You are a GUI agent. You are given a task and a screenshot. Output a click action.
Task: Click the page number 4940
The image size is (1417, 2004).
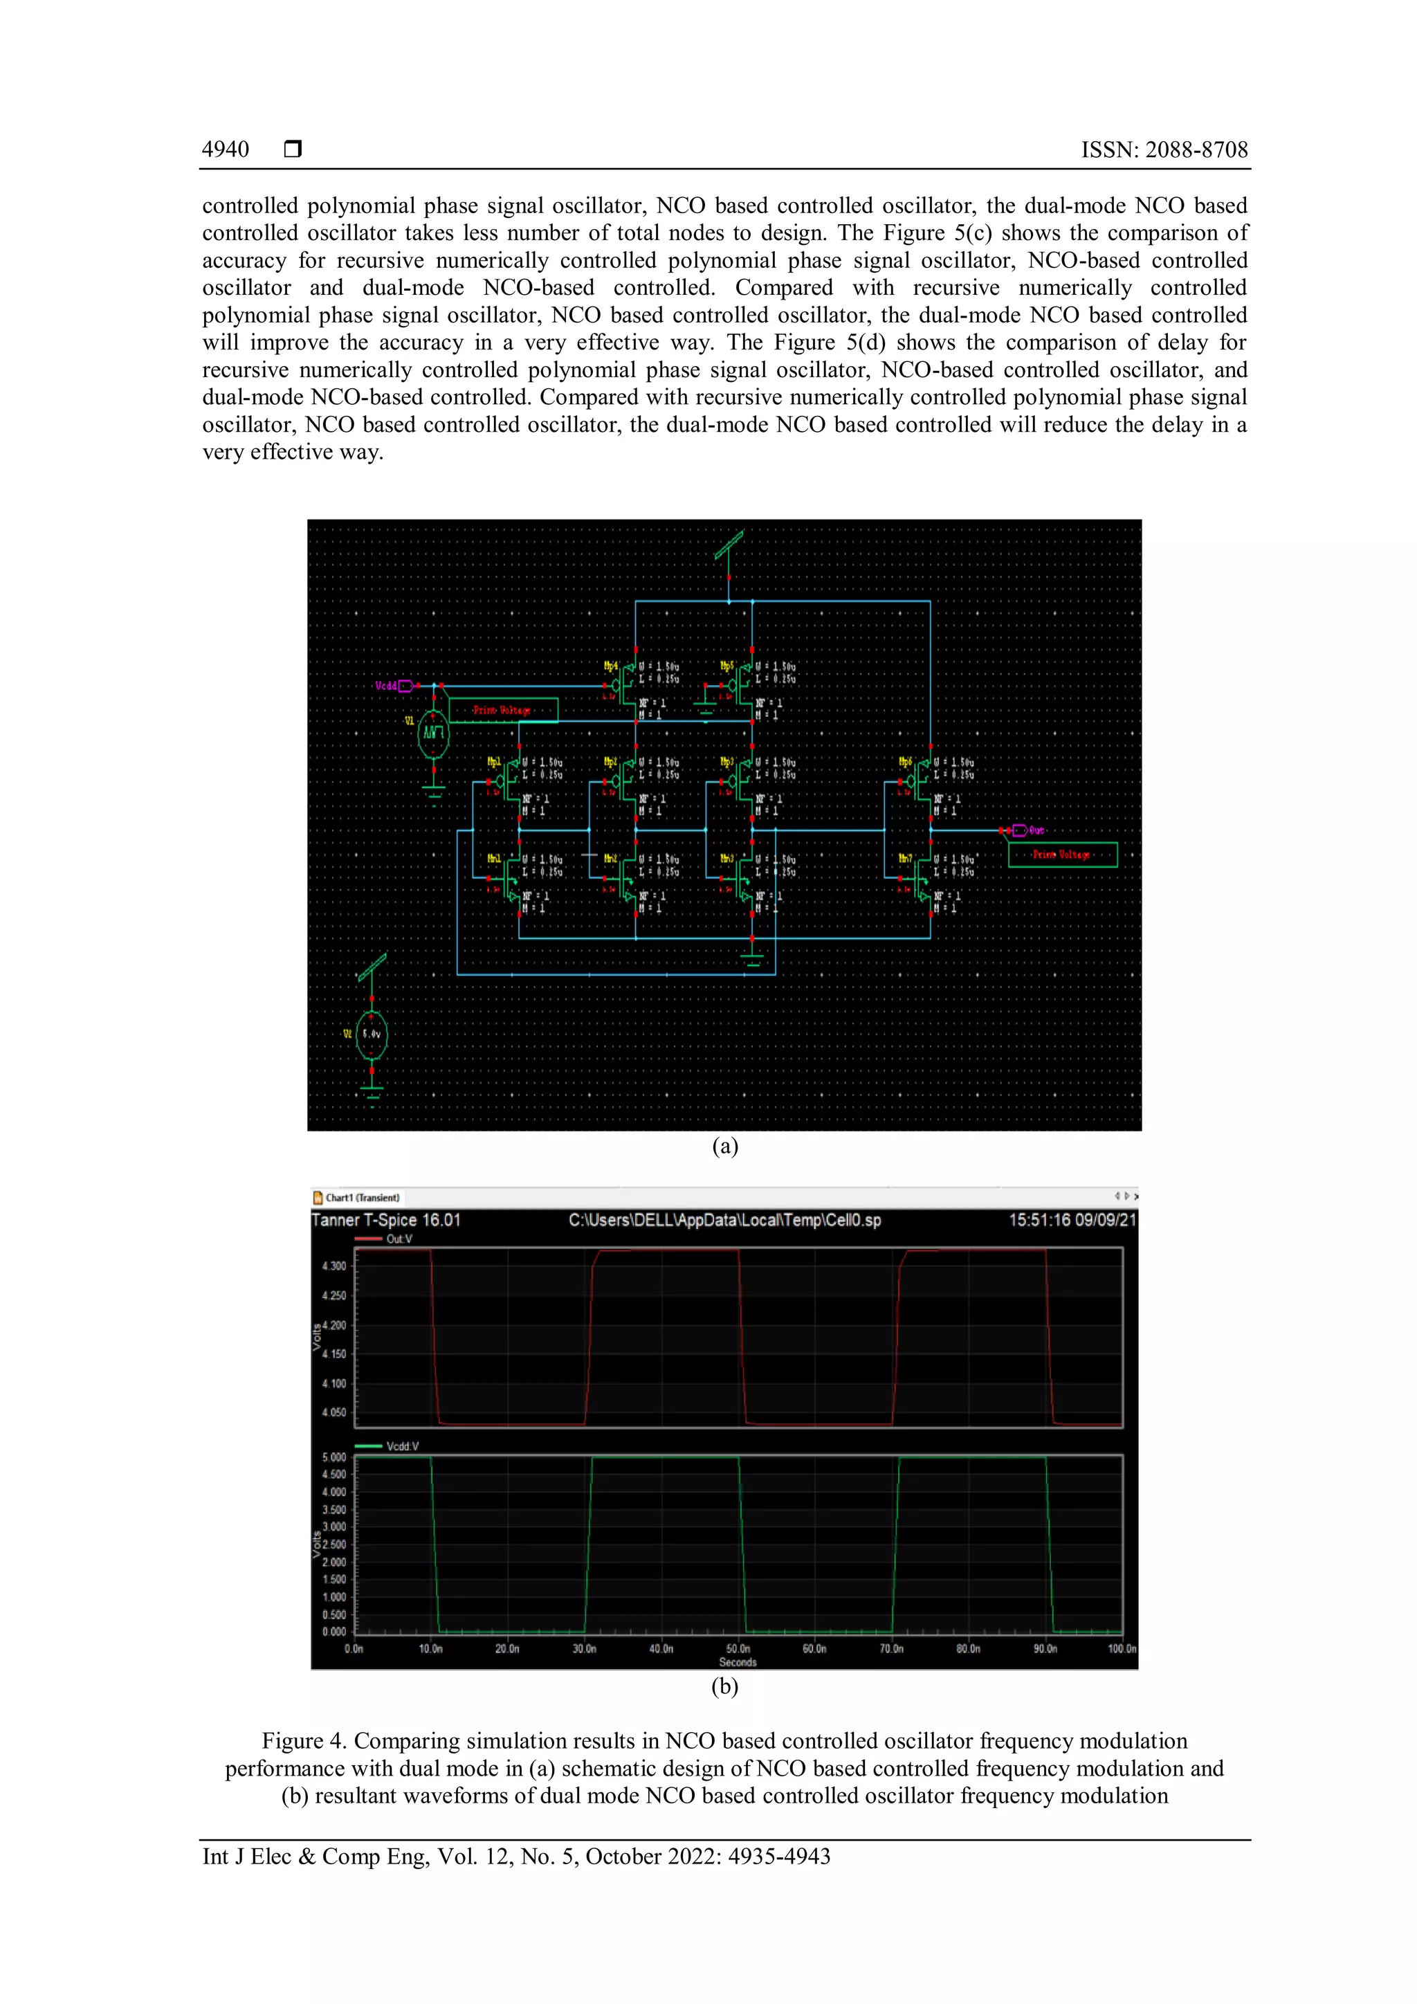tap(225, 149)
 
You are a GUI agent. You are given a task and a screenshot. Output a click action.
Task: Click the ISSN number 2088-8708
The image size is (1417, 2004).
tap(1164, 149)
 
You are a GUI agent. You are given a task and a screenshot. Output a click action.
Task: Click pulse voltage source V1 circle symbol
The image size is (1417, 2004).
tap(434, 734)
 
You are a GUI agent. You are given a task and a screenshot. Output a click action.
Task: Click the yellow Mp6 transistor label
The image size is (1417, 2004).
tap(906, 762)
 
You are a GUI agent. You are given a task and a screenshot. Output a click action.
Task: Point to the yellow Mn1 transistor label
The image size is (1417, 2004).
tap(494, 859)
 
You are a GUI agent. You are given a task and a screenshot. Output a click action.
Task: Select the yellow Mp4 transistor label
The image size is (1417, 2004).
tap(611, 666)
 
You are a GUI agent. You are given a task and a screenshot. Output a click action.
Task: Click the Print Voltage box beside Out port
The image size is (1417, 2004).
tap(1062, 855)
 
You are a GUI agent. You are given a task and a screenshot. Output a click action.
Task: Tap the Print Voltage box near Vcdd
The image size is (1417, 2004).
tap(502, 709)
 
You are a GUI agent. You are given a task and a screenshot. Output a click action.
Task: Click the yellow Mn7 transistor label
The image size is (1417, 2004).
tap(906, 859)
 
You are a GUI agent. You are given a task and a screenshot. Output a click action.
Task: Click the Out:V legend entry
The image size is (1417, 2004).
tap(399, 1239)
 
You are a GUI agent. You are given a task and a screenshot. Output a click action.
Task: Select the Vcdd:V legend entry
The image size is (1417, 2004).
tap(402, 1446)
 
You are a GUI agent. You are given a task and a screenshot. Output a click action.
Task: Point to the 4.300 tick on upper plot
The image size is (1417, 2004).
tap(334, 1266)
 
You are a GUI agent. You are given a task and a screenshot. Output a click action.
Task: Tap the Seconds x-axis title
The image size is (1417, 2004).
tap(738, 1662)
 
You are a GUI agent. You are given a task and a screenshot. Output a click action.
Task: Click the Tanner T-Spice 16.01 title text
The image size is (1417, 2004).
tap(385, 1220)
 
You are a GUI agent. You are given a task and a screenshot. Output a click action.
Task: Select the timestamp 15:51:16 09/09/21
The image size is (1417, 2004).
tap(1072, 1220)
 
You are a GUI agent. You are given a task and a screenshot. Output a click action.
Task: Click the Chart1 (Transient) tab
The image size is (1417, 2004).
tap(361, 1198)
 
